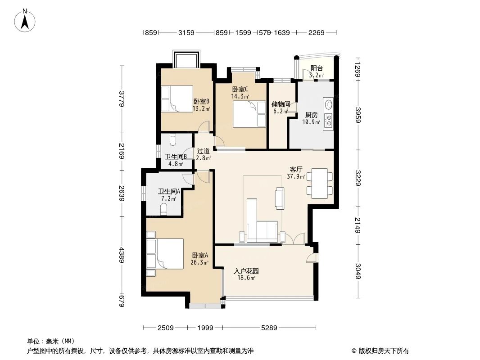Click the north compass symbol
26,20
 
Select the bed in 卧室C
249,114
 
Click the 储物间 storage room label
281,104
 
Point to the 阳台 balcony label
317,68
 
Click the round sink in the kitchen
329,105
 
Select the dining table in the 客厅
320,182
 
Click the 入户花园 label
245,271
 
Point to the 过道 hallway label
203,151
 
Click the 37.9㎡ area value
296,176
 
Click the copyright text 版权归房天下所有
383,351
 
